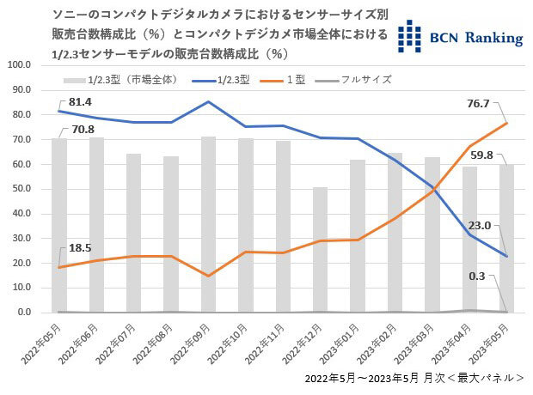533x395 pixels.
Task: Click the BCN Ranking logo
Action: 463,33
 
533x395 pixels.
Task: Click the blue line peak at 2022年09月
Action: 207,101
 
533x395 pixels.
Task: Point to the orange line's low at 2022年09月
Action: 207,276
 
